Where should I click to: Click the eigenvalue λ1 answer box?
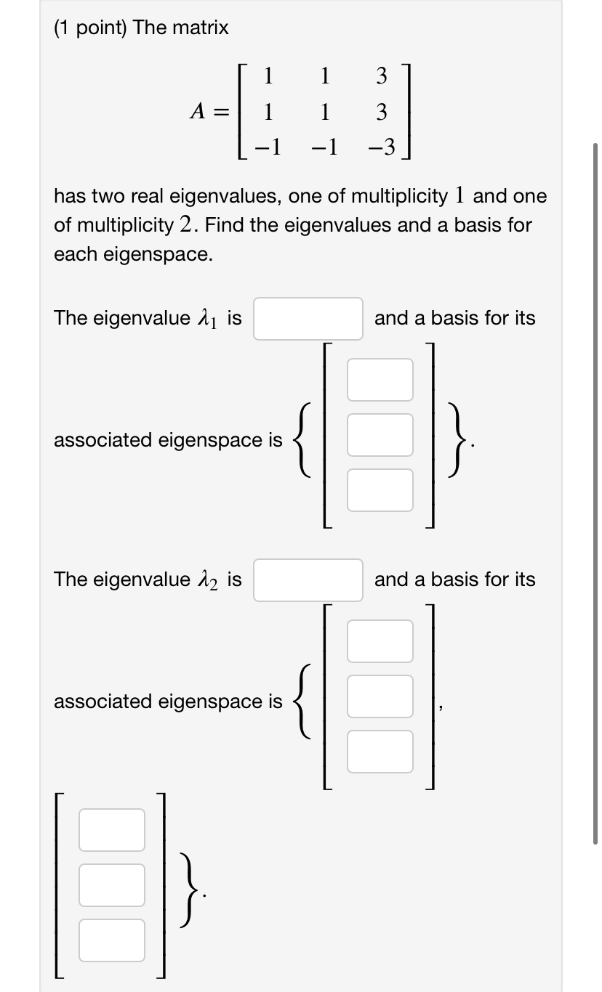[x=308, y=319]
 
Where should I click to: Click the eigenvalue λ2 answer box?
[x=308, y=580]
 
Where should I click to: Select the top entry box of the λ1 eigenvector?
[x=380, y=380]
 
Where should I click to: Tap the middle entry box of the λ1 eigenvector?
[x=380, y=435]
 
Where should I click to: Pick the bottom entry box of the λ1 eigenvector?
[x=380, y=490]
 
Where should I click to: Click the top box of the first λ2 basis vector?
[x=380, y=641]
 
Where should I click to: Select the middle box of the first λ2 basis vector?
[x=380, y=696]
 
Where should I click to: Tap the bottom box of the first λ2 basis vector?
[x=380, y=752]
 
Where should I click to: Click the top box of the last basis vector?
[x=112, y=830]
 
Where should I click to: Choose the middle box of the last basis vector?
[x=112, y=885]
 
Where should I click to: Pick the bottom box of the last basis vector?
[x=112, y=940]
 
